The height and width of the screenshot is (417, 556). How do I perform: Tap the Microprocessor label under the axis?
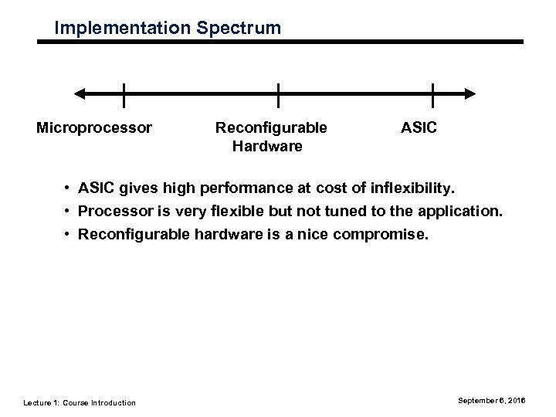(x=94, y=127)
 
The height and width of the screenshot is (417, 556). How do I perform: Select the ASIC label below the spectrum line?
(x=419, y=127)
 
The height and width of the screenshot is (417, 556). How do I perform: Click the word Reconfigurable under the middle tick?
(x=270, y=127)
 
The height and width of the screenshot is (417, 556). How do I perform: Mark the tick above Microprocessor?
(x=124, y=94)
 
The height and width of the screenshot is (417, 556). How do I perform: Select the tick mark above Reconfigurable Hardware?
(x=278, y=94)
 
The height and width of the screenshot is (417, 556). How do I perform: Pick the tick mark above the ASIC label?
(x=432, y=94)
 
